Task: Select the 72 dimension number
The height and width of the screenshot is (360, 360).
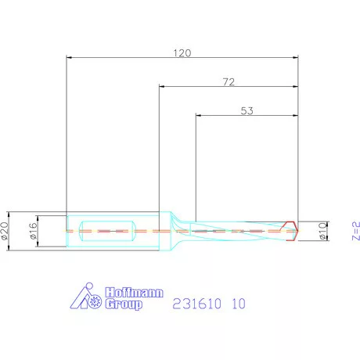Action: [x=228, y=81]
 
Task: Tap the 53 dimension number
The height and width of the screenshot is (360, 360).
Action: [x=246, y=111]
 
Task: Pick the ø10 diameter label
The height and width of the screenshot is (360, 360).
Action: [x=323, y=232]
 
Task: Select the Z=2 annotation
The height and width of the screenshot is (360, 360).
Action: [x=355, y=231]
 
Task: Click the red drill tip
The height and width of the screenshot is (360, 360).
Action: [x=293, y=231]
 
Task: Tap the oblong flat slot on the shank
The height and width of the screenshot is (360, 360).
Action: [x=110, y=231]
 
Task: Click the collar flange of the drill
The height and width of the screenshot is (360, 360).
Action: [x=167, y=231]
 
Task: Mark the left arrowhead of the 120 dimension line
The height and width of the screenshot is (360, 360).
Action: [x=70, y=57]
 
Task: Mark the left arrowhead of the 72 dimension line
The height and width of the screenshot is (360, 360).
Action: [x=162, y=87]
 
